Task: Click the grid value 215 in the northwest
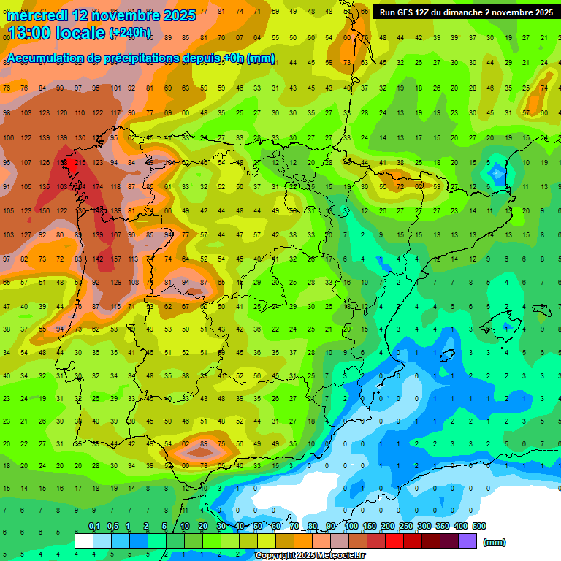coord(80,162)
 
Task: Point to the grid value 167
coord(115,234)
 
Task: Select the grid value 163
coord(62,186)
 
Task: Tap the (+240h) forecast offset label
coord(130,33)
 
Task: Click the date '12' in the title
coord(80,15)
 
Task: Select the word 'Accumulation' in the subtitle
coord(50,58)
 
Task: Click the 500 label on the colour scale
coord(478,526)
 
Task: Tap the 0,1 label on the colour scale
coord(94,526)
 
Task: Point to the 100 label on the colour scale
coord(351,526)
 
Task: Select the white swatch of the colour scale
coord(84,541)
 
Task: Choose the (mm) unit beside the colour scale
coord(495,542)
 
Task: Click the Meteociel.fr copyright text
coord(310,556)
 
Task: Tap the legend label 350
coord(442,526)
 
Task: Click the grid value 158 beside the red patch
coord(62,162)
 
